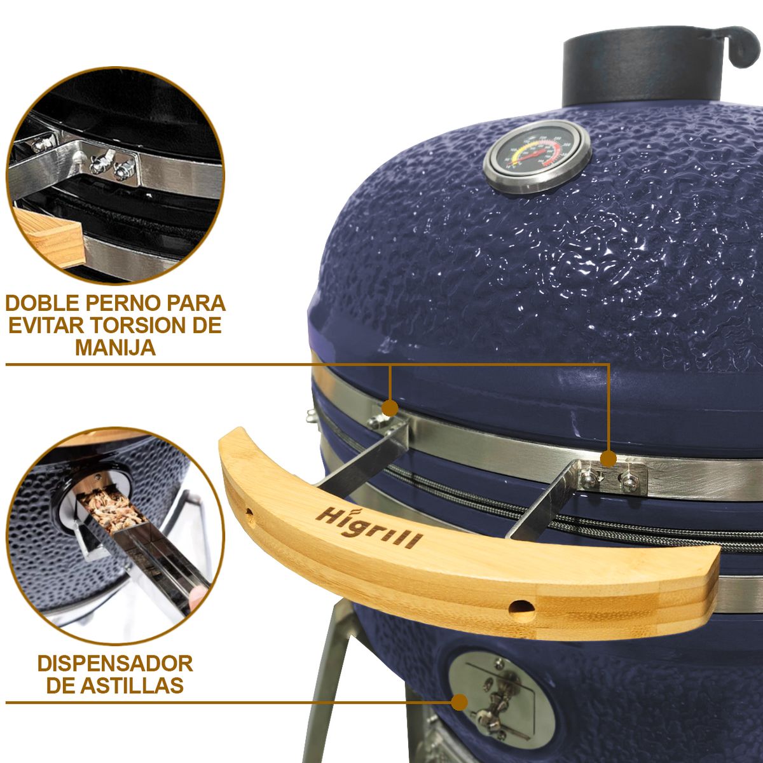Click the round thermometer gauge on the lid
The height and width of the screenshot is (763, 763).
click(x=537, y=158)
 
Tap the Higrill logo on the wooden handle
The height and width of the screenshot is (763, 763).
click(x=370, y=527)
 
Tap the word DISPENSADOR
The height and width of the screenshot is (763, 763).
click(x=115, y=664)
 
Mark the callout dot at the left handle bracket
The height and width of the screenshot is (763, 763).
click(x=390, y=407)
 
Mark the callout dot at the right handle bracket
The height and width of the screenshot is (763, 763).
click(x=608, y=457)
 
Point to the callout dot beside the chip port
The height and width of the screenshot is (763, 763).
click(x=458, y=702)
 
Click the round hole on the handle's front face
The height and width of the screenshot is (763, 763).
click(x=521, y=608)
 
